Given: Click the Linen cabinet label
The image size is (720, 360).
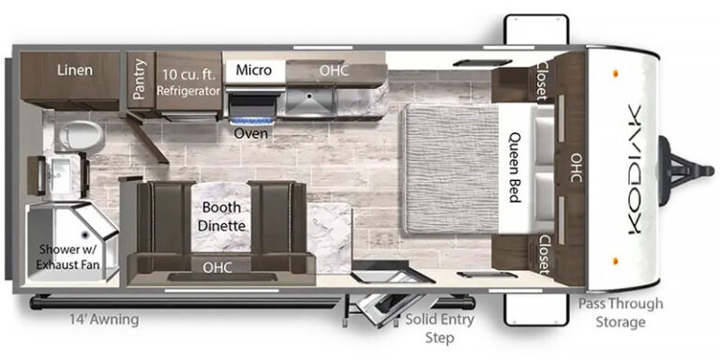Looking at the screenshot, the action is coord(75,70).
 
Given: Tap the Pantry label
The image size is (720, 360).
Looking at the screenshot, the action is coord(139,79).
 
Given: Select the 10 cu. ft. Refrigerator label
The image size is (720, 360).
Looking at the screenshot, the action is coord(188,82).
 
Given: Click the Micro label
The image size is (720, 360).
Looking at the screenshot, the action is coord(253,70).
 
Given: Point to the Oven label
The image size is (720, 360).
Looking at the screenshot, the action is coord(250,134).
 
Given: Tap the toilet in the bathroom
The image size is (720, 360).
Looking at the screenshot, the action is coord(79,135).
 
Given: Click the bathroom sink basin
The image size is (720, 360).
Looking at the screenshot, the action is coord(60,177).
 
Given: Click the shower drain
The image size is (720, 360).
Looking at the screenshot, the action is coord(85,235).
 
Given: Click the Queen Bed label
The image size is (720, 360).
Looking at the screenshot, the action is coord(515,168).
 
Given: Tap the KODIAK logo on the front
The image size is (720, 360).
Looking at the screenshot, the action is coord(634,170).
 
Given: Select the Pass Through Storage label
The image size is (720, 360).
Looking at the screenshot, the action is coord(621,312).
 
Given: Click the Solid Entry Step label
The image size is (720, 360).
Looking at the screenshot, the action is coord(439,328).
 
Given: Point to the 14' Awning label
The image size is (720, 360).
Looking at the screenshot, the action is coord(104,319).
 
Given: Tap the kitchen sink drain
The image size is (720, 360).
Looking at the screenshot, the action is coord(309,96).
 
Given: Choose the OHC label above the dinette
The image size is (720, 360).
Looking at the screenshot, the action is coord(217,267).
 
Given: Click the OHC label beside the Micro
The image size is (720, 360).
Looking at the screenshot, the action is coord(334,70).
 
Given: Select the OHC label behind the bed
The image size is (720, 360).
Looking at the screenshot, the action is coord(577,168).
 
